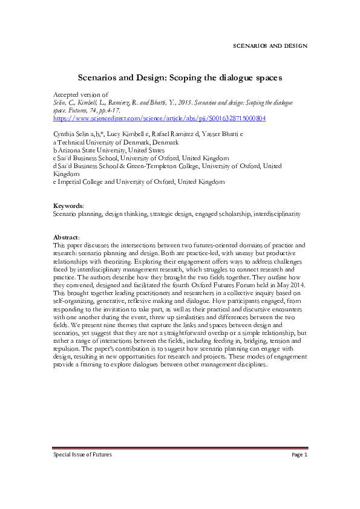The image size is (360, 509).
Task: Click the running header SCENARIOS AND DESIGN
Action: point(270,46)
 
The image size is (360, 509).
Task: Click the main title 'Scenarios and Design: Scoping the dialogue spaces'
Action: point(180,78)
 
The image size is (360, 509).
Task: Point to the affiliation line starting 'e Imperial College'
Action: point(139,181)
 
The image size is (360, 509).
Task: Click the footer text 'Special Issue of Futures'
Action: point(82,472)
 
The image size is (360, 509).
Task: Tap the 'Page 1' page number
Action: point(299,472)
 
